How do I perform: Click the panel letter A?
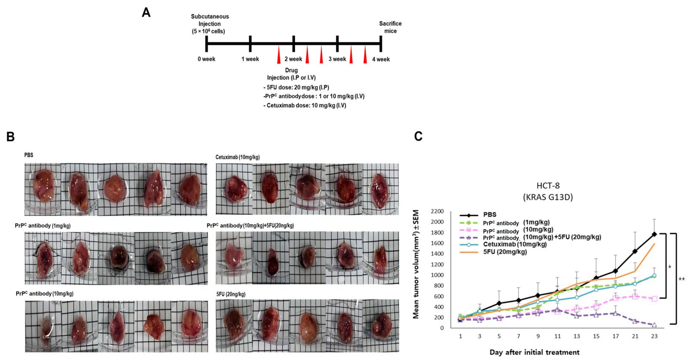click(146, 13)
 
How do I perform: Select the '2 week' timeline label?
click(293, 59)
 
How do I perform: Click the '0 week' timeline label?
click(206, 59)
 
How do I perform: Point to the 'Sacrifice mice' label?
click(390, 27)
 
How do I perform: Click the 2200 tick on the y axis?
click(437, 211)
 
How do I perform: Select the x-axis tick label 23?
click(654, 336)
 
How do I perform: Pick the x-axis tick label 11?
click(557, 336)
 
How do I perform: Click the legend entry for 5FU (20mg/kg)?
click(505, 252)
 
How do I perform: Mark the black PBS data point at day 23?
click(654, 234)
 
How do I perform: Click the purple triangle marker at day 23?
click(654, 325)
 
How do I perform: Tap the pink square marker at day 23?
click(654, 299)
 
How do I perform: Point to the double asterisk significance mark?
click(682, 279)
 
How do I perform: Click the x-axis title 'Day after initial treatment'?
click(534, 352)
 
